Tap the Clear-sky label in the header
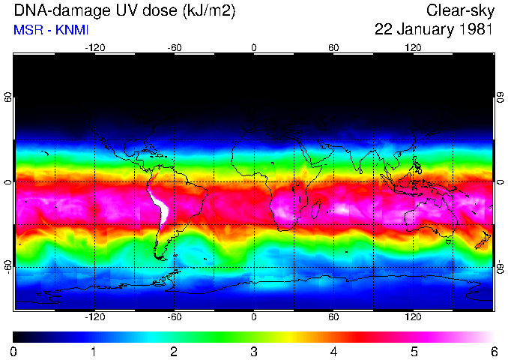point(459,10)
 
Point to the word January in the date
point(423,30)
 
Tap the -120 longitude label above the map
point(94,47)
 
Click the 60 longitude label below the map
point(333,316)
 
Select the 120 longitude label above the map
point(413,47)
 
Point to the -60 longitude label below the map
point(175,316)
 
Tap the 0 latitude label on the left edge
point(8,182)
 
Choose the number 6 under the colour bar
point(494,351)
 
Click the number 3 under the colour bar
point(254,351)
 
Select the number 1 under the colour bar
point(94,351)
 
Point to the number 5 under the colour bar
point(414,351)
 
